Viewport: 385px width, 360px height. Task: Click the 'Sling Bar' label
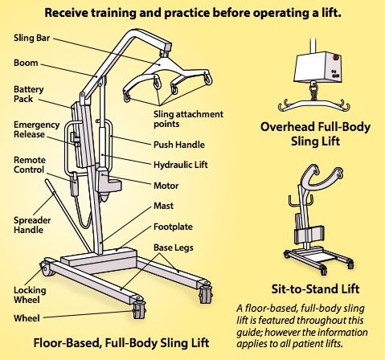coord(31,38)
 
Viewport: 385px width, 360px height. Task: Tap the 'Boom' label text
coord(26,63)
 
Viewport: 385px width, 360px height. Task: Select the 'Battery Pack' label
coord(28,94)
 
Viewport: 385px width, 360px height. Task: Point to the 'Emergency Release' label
coord(36,129)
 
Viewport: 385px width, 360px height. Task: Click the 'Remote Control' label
coord(30,165)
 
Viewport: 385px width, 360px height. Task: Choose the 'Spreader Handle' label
coord(32,225)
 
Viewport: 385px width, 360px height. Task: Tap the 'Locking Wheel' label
coord(30,295)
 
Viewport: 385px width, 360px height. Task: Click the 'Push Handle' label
coord(179,145)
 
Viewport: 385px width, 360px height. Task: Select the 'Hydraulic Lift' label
coord(181,165)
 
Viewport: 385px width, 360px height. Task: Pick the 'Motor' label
coord(166,186)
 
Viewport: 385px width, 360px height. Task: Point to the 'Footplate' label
coord(173,227)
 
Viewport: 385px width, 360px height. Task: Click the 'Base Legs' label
coord(174,247)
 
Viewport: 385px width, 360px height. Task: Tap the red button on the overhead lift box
coord(336,58)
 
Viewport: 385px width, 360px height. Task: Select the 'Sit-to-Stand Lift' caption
coord(315,289)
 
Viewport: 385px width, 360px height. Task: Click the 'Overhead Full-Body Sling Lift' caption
coord(315,134)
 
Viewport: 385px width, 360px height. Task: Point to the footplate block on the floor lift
coord(99,259)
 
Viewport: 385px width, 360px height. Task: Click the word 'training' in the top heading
coord(113,13)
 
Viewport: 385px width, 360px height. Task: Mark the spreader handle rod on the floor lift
coord(68,215)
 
